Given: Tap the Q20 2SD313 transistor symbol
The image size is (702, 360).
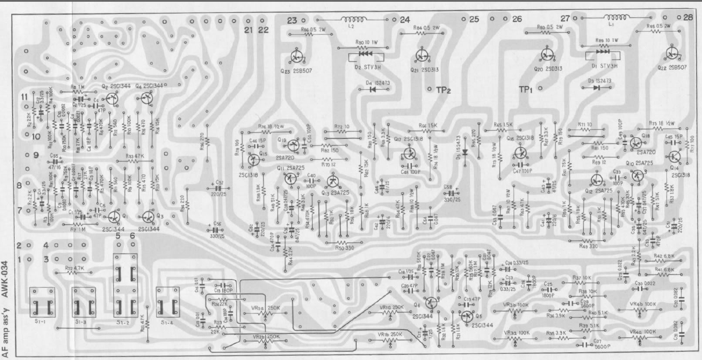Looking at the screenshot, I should (x=546, y=54).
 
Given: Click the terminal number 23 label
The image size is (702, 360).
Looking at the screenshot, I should (x=292, y=20).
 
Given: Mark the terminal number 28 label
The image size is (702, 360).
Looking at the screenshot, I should (x=688, y=18).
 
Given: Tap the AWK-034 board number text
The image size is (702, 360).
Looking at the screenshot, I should (x=4, y=279).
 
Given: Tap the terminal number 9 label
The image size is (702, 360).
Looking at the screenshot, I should (x=36, y=155).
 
